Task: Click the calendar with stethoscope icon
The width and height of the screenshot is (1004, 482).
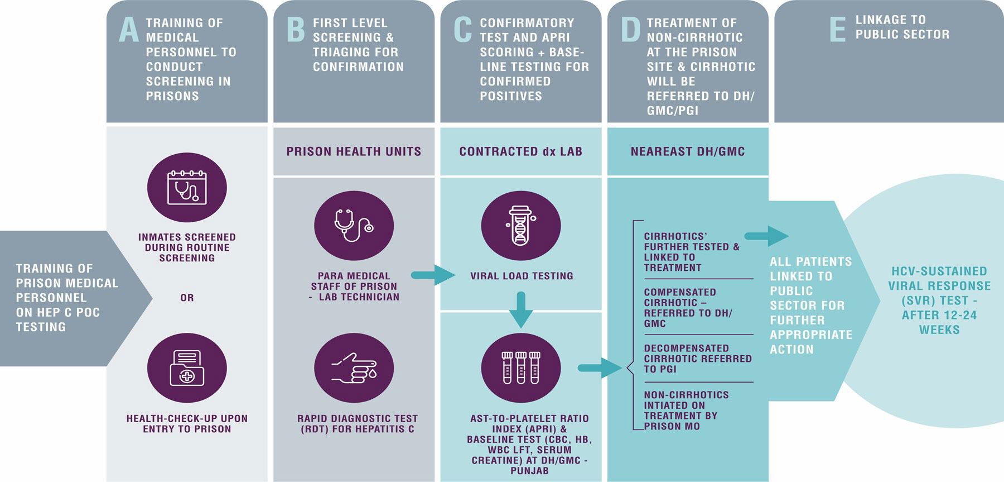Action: [187, 188]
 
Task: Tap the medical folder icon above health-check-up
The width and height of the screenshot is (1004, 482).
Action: [187, 368]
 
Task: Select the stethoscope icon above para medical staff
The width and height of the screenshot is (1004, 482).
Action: [354, 225]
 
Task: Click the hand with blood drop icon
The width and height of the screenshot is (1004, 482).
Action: [354, 368]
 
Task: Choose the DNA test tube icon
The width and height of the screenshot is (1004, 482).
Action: [521, 225]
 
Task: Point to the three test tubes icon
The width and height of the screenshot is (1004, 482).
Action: [521, 368]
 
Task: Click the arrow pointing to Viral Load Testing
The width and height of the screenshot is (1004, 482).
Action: [433, 275]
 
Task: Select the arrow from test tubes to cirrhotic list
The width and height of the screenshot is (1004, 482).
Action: [600, 368]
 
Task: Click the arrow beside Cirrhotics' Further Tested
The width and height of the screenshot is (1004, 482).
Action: [766, 236]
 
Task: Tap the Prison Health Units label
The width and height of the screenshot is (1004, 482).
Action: [354, 151]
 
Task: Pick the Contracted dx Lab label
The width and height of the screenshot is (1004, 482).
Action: [520, 151]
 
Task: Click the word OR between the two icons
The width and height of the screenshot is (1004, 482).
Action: [187, 298]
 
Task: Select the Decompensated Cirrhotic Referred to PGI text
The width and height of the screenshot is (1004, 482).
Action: [697, 359]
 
